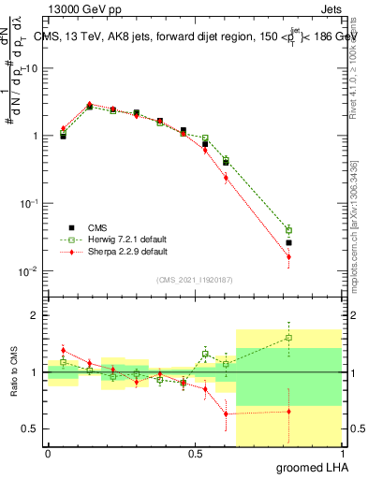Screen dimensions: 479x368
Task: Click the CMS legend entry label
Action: pos(97,227)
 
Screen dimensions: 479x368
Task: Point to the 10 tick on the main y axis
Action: pos(29,68)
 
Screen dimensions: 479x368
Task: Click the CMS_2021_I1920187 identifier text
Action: pos(195,279)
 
